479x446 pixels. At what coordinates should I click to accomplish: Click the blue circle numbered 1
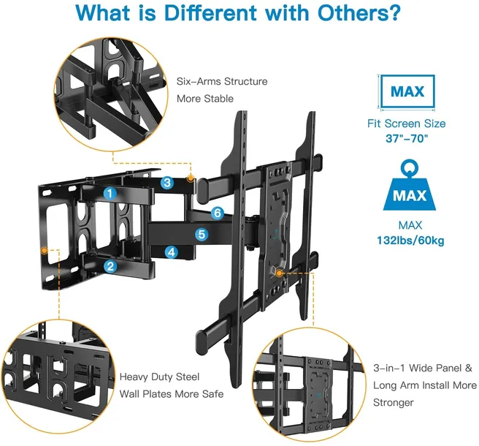(110, 193)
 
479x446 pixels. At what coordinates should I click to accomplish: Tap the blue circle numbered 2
(110, 266)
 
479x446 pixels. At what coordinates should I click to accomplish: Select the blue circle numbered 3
(167, 183)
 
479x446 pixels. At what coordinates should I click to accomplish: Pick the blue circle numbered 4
(172, 252)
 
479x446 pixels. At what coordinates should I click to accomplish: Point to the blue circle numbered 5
(202, 234)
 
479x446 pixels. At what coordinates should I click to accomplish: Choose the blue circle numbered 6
(218, 213)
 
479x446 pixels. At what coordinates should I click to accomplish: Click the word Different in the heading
(210, 12)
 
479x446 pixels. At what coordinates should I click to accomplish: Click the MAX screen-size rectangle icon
(407, 91)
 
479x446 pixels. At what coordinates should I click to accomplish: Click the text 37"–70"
(407, 139)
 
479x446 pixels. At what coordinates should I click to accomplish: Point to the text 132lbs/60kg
(410, 241)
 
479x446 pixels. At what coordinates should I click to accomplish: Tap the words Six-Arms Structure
(222, 81)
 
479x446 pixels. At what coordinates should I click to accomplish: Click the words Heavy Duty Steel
(159, 377)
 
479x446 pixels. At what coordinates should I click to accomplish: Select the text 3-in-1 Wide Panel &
(423, 368)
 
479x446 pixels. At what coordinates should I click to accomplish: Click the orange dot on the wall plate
(45, 251)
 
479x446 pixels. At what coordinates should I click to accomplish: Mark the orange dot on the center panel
(279, 273)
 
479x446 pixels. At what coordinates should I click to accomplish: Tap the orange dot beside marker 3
(191, 178)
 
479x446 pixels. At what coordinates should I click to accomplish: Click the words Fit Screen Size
(406, 124)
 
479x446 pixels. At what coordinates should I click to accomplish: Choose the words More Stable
(205, 99)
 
